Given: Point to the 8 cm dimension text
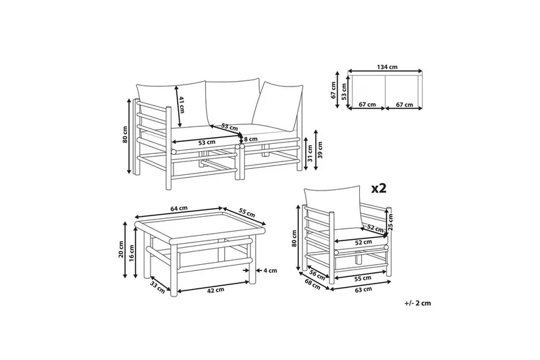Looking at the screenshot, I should [252, 138].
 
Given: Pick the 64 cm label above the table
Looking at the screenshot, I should [178, 209].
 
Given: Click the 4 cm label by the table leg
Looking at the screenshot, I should [270, 271].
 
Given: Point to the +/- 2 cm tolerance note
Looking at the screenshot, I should [418, 303].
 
